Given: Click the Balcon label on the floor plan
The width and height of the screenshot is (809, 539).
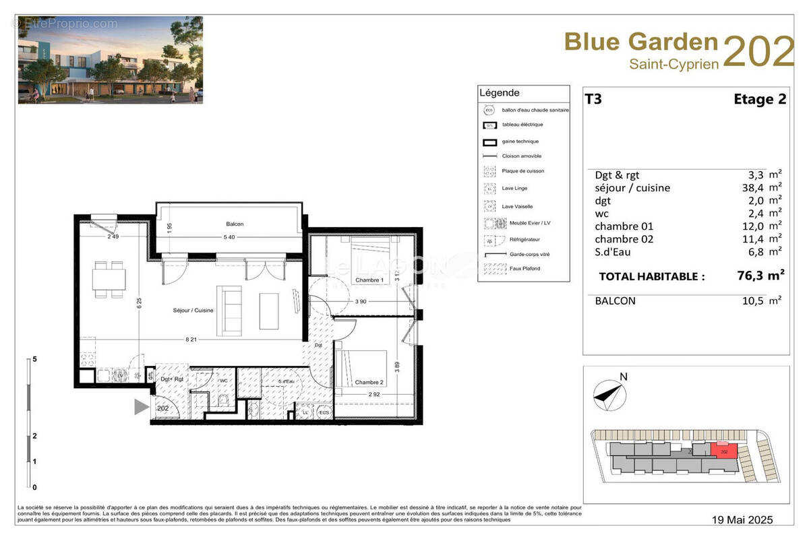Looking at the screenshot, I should coord(235,224).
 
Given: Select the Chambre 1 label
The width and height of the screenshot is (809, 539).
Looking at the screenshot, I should coord(369,280).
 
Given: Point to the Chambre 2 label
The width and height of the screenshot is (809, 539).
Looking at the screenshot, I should coord(369,382).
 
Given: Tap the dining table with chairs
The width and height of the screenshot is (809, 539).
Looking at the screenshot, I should coord(109,279).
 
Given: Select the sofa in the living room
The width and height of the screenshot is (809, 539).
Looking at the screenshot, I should coord(229,311).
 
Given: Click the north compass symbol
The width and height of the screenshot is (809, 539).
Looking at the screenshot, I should coord(609,395).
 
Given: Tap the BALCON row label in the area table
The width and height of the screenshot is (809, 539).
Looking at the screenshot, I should coord(615,301).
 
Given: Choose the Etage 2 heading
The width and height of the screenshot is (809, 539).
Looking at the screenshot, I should coord(760,100).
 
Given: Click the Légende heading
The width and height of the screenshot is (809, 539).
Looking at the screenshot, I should coord(499,93).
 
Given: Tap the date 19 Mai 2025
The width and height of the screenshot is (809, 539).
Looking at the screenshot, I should coord(743,519).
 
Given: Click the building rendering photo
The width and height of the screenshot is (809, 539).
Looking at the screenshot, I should coord(110,60).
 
